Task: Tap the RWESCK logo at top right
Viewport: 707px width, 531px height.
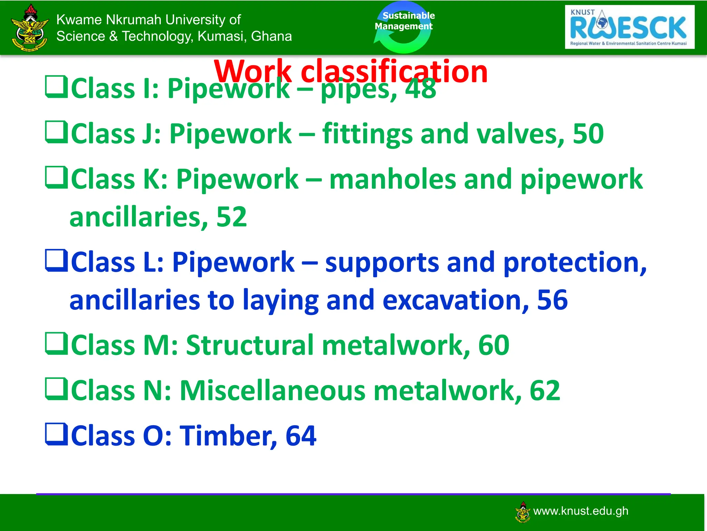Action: pyautogui.click(x=629, y=27)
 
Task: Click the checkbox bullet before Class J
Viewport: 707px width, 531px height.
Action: pyautogui.click(x=56, y=132)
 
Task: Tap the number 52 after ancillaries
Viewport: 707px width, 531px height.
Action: pyautogui.click(x=231, y=217)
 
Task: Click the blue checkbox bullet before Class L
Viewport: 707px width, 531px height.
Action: pyautogui.click(x=56, y=261)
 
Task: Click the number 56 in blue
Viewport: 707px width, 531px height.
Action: pyautogui.click(x=552, y=300)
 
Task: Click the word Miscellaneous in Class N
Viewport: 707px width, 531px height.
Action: pyautogui.click(x=272, y=390)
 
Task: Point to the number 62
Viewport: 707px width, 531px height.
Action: pyautogui.click(x=545, y=390)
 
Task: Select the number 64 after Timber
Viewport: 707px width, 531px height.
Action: pyautogui.click(x=301, y=436)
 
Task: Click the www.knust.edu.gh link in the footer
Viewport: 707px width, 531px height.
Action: pyautogui.click(x=581, y=511)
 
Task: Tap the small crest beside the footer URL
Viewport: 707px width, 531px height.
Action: pyautogui.click(x=523, y=512)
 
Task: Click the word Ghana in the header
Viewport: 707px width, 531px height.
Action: pyautogui.click(x=271, y=36)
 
